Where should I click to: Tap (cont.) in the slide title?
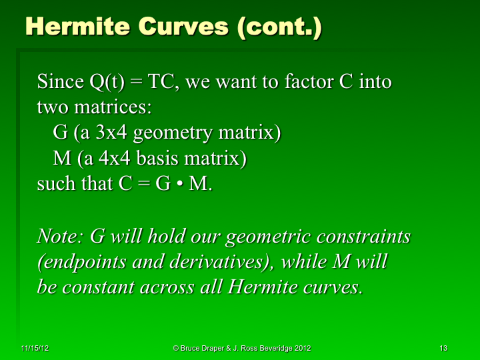pos(280,27)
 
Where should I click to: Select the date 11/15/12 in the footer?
pos(33,348)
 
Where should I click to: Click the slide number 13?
pos(443,348)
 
